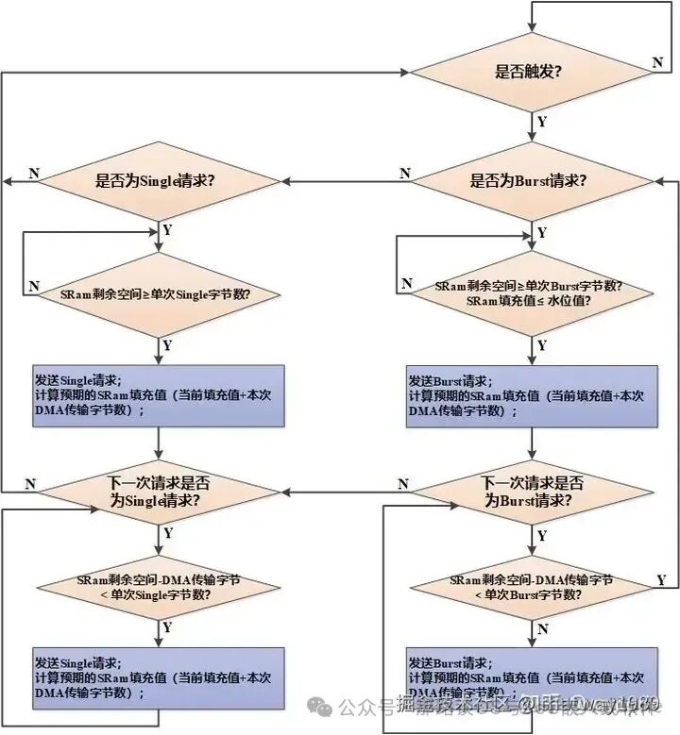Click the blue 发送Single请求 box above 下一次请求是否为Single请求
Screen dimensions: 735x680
[158, 395]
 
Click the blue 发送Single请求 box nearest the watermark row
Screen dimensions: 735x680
[158, 677]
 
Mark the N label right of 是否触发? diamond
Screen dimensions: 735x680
[657, 61]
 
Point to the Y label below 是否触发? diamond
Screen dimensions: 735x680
[541, 122]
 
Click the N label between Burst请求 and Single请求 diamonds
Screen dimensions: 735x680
[404, 173]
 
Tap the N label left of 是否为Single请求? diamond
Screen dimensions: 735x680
[34, 173]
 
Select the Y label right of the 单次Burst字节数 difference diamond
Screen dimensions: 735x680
[661, 578]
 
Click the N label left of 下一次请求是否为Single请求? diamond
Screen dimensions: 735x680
[30, 484]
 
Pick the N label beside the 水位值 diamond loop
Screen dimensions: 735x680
[407, 283]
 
